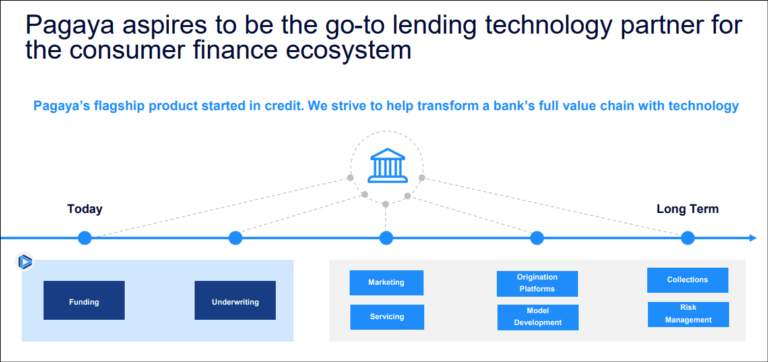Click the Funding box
coord(84,301)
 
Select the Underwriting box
coord(235,301)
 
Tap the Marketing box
coord(386,282)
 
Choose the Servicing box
coord(387,317)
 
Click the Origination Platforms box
coord(537,283)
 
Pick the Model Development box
coord(538,317)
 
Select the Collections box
coord(688,280)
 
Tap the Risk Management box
coord(688,314)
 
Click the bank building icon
coord(387,165)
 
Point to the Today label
coord(84,209)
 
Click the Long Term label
coord(688,209)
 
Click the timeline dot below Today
coord(84,238)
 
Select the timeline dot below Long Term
coord(688,238)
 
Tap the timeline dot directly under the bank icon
coord(387,238)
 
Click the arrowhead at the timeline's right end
coord(752,238)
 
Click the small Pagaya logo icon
coord(24,262)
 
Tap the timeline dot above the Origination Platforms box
coord(537,238)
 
